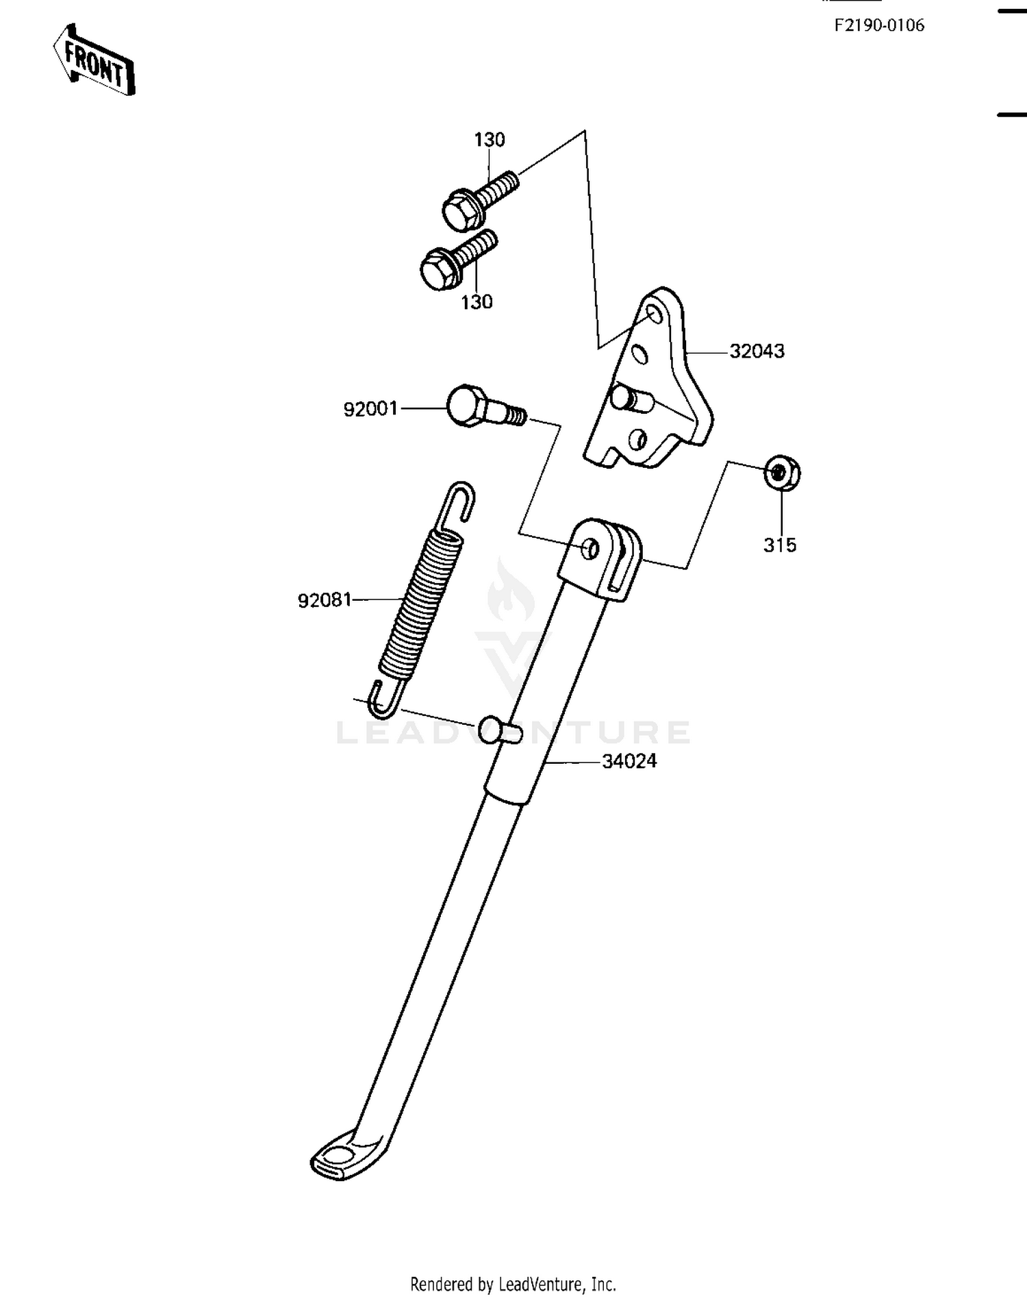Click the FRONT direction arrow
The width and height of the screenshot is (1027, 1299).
click(94, 60)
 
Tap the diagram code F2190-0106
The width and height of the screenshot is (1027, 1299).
click(879, 25)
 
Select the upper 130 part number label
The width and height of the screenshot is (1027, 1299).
click(490, 140)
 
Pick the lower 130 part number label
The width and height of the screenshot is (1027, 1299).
click(477, 302)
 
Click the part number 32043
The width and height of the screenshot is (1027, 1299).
click(757, 351)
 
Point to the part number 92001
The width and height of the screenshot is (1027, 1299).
click(370, 409)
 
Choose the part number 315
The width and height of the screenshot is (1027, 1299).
click(780, 545)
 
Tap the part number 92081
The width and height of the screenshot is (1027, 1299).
click(325, 600)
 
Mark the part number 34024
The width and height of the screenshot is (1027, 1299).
click(629, 761)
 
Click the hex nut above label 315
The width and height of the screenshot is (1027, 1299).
click(783, 473)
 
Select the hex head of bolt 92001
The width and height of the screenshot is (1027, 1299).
click(468, 406)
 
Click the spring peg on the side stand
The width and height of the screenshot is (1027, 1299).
click(500, 730)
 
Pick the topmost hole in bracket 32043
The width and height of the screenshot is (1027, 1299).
click(654, 314)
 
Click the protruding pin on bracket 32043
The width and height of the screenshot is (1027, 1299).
click(631, 398)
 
